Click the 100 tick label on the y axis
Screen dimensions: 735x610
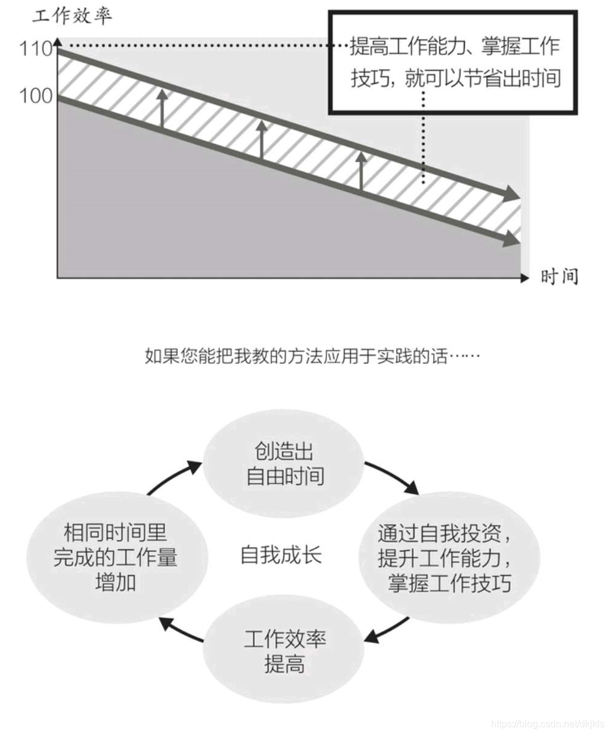coord(35,96)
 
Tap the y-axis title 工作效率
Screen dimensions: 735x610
coord(72,16)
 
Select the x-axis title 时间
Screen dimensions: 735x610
coord(559,277)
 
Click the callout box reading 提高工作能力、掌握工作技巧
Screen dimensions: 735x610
coord(453,62)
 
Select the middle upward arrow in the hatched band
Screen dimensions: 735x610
coord(261,139)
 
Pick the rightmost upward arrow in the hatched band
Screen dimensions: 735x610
coord(361,170)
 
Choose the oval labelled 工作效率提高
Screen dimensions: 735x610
coord(284,652)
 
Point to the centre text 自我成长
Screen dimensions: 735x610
coord(281,556)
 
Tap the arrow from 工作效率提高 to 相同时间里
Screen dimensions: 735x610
coord(179,631)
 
